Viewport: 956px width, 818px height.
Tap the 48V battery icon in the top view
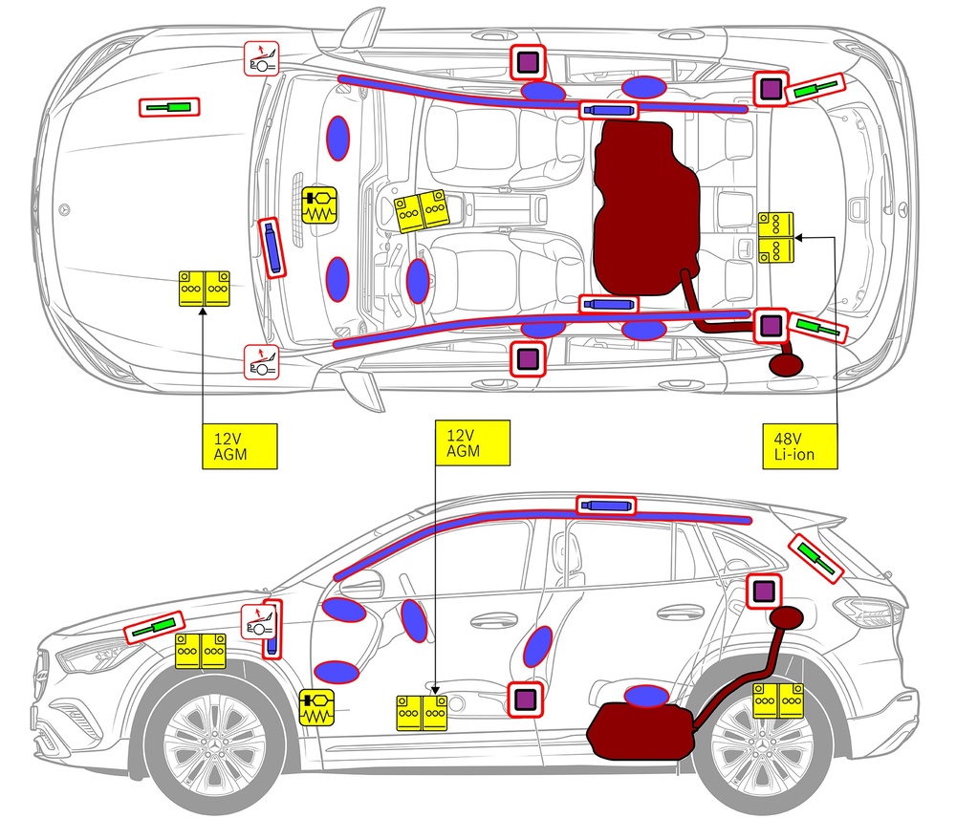776,237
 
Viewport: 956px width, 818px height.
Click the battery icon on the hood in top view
205,289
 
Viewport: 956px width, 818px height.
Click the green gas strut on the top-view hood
171,107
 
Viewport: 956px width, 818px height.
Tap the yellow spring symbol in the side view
316,707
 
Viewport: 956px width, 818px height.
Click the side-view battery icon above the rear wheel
777,700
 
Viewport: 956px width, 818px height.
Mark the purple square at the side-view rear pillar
763,592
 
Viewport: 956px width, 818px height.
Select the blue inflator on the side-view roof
606,505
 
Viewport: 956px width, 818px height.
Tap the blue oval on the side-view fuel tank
646,695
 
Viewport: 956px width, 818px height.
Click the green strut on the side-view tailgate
815,559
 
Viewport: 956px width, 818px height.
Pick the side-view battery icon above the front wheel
201,651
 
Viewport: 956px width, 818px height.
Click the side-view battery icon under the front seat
424,713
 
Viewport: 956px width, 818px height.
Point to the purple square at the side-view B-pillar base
524,700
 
